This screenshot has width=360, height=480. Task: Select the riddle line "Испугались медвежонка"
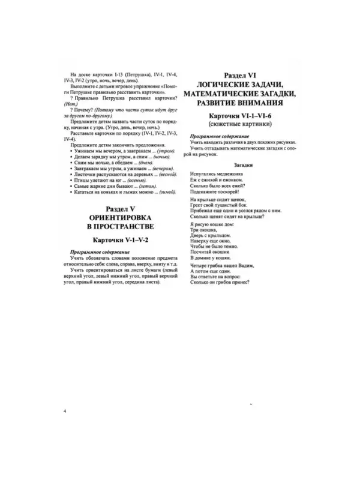(210, 172)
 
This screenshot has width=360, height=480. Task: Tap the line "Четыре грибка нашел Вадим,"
(217, 265)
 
